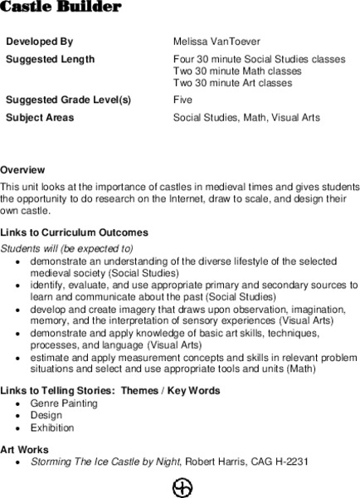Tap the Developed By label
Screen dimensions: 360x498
40,41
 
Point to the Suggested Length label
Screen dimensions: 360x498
50,60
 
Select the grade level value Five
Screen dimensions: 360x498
183,100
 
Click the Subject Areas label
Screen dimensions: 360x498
40,118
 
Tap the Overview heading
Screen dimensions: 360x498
22,169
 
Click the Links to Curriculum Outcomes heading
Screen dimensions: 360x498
75,232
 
